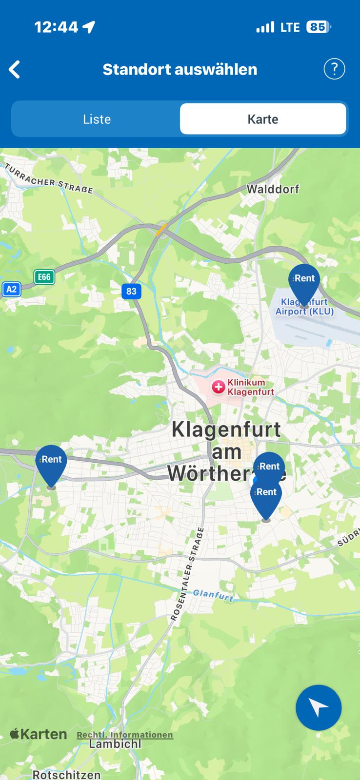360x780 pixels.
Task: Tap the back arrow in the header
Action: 15,69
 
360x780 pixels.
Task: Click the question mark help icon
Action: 334,69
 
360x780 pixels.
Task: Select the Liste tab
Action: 97,119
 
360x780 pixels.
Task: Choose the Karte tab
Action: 263,119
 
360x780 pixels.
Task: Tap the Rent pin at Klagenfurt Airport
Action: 304,283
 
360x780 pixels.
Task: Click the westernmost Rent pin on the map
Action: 51,464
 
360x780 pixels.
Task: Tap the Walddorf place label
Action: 273,189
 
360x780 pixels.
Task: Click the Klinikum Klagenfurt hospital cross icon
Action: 218,387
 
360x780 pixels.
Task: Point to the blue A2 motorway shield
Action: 11,289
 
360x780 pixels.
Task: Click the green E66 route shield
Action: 44,277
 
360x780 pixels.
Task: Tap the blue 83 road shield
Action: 131,292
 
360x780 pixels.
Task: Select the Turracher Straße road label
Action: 49,178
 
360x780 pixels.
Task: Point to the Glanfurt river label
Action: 213,595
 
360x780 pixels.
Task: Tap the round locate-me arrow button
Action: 319,707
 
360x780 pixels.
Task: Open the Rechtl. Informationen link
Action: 125,735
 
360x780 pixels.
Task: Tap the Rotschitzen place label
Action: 66,774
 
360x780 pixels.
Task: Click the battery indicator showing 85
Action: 318,27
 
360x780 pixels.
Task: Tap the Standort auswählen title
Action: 180,69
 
